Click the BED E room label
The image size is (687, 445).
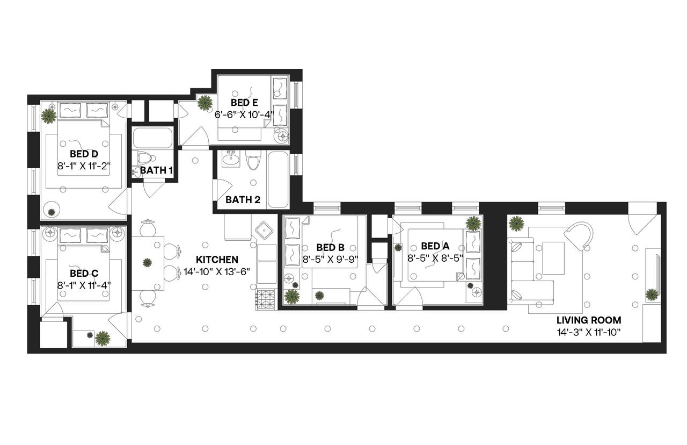point(244,102)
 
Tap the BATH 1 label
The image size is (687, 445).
point(156,170)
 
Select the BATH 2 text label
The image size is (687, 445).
point(243,200)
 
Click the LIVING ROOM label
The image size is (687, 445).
point(589,320)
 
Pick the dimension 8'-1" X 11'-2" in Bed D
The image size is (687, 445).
point(84,166)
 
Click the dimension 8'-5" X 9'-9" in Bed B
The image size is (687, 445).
point(330,259)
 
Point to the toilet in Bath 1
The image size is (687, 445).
point(144,158)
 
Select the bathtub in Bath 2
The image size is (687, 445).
point(278,180)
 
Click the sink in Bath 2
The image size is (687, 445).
point(232,159)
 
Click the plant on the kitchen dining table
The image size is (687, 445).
point(147,263)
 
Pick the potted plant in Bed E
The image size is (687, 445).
point(204,103)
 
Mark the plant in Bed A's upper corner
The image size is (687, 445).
point(473,223)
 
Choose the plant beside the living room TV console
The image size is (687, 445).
point(652,294)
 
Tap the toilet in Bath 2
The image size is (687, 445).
point(253,160)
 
